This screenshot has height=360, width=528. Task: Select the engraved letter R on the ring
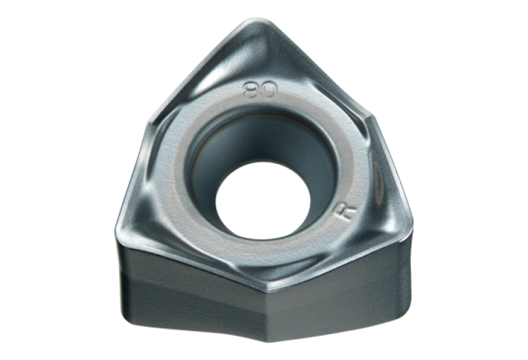(x=346, y=211)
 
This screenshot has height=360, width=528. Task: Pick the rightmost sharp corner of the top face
(x=412, y=225)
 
